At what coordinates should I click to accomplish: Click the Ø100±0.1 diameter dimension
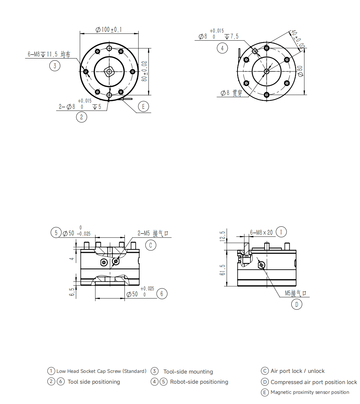pos(109,30)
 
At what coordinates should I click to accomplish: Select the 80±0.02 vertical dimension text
pos(144,71)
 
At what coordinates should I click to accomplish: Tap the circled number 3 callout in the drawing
pos(54,66)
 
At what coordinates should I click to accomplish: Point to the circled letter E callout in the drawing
pos(143,106)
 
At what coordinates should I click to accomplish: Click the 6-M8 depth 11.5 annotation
pos(49,54)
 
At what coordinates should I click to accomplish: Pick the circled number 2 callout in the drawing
pos(82,117)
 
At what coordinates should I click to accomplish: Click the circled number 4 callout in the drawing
pos(222,48)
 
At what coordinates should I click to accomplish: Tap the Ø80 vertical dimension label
pos(300,71)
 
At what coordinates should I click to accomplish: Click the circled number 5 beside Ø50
pos(56,232)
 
